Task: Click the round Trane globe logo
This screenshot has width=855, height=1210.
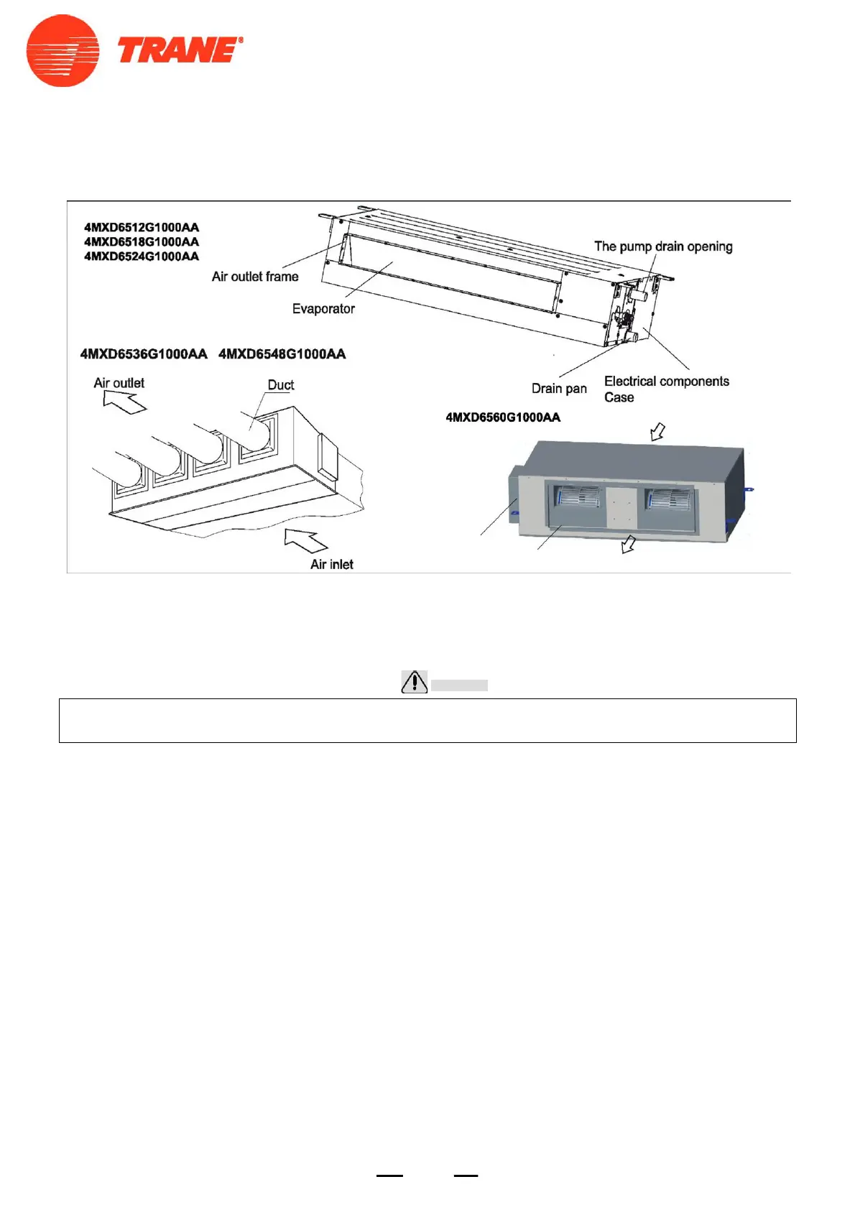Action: coord(63,51)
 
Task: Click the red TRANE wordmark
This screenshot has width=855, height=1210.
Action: coord(179,51)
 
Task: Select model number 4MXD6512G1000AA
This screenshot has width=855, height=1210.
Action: coord(142,228)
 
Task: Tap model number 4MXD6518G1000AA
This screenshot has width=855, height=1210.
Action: coord(142,242)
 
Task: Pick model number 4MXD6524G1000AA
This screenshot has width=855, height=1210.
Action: coord(142,257)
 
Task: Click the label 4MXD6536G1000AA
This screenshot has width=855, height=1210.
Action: coord(144,354)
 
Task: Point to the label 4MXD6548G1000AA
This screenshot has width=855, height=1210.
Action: coord(282,354)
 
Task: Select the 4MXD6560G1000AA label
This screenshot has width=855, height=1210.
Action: coord(503,417)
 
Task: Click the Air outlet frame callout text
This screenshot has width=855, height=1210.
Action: coord(255,277)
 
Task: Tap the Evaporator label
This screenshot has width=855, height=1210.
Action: coord(323,309)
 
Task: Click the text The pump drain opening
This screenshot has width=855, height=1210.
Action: coord(663,246)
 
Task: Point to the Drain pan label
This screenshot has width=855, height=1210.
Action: coord(559,389)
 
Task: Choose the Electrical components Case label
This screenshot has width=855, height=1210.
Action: coord(666,389)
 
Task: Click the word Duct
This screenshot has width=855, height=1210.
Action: coord(281,385)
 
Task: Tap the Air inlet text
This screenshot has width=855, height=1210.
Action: coord(332,565)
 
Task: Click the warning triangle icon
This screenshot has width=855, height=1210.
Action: coord(415,682)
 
